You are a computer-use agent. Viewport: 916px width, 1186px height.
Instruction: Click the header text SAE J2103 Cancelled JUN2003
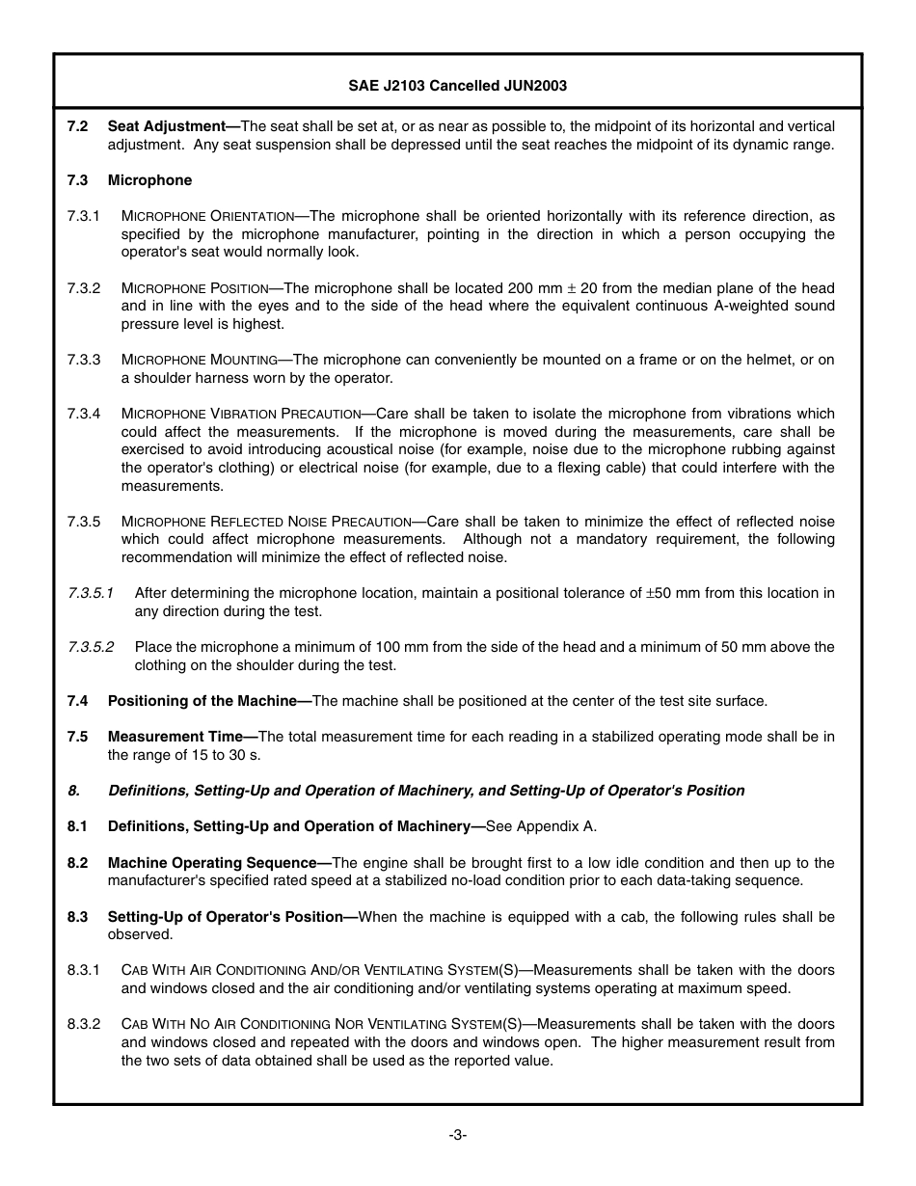(x=457, y=85)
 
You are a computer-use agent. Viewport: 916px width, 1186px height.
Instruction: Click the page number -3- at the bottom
(x=457, y=1135)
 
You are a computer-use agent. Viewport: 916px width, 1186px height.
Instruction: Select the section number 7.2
(x=78, y=126)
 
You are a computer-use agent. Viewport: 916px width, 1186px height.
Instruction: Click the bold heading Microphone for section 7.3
(x=149, y=180)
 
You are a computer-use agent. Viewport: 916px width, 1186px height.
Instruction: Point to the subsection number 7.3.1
(x=84, y=216)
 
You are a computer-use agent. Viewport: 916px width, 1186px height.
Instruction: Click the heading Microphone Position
(x=195, y=288)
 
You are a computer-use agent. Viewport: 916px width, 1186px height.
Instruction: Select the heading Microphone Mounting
(x=200, y=360)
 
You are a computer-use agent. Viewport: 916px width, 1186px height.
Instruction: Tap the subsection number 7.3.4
(x=84, y=414)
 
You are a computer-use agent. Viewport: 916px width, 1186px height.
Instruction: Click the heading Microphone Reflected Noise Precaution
(x=273, y=522)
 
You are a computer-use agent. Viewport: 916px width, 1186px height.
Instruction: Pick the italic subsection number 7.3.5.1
(x=91, y=593)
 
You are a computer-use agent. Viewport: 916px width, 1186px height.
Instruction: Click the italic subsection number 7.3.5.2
(x=91, y=647)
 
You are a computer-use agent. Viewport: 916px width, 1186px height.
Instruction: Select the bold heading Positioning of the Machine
(x=207, y=701)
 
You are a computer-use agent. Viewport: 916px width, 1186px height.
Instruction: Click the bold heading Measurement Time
(x=181, y=737)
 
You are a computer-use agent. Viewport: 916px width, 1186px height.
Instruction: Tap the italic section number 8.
(x=73, y=791)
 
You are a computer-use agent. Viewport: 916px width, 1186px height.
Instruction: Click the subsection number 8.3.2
(x=84, y=1024)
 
